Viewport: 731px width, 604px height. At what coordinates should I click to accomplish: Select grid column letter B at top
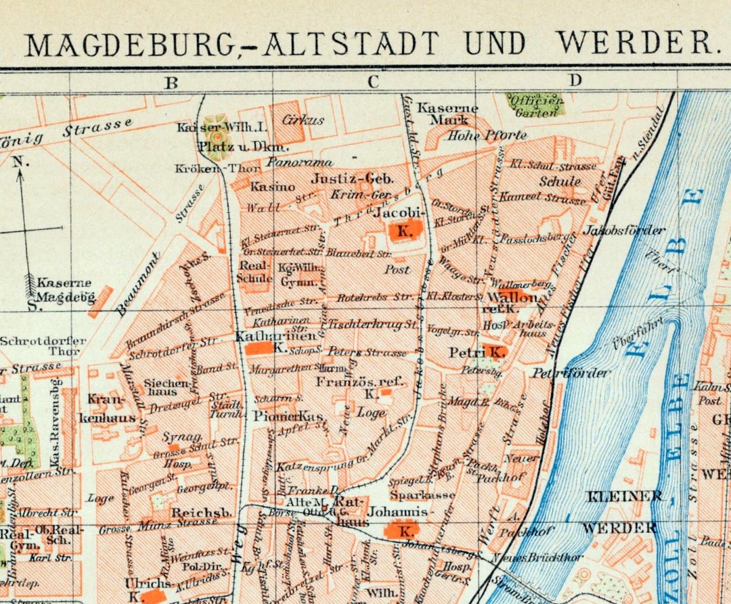[x=172, y=83]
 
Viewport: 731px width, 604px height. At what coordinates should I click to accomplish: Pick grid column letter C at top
[x=372, y=82]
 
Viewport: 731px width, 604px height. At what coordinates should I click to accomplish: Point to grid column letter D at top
[x=575, y=80]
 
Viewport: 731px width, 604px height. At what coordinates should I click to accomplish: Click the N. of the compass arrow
[x=20, y=162]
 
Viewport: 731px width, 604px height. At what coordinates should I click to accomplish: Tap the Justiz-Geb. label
[x=351, y=179]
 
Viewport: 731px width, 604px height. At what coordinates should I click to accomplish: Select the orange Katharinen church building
[x=258, y=348]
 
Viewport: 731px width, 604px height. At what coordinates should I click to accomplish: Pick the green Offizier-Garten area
[x=535, y=103]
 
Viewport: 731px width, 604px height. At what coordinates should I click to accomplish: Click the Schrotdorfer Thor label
[x=42, y=346]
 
